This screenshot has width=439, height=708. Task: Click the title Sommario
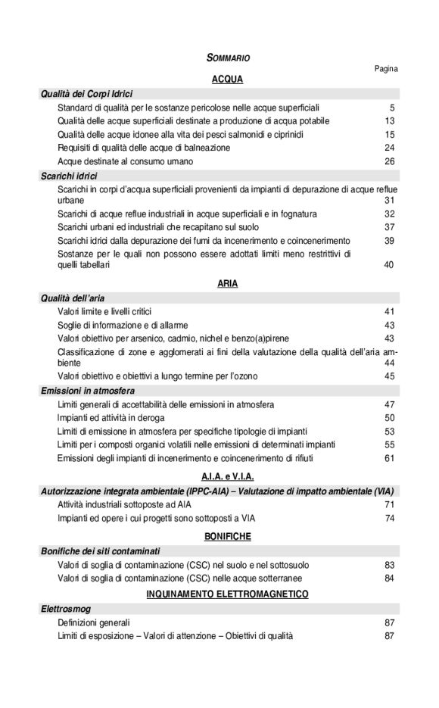pyautogui.click(x=228, y=58)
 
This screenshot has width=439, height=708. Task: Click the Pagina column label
pyautogui.click(x=385, y=68)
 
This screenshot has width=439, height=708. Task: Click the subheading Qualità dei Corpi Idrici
pyautogui.click(x=87, y=94)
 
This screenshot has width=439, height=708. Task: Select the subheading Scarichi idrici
pyautogui.click(x=70, y=175)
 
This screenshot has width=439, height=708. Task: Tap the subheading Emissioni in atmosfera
pyautogui.click(x=87, y=391)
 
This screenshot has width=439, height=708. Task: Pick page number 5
pyautogui.click(x=392, y=108)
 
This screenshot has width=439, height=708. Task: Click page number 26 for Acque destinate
pyautogui.click(x=389, y=161)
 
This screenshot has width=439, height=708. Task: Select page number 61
pyautogui.click(x=389, y=458)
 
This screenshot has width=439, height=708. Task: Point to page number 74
pyautogui.click(x=389, y=518)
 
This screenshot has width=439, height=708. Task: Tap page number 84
pyautogui.click(x=389, y=578)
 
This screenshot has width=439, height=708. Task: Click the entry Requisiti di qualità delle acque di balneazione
pyautogui.click(x=144, y=148)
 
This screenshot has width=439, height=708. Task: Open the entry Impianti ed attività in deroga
pyautogui.click(x=121, y=417)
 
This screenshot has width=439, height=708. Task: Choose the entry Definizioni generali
pyautogui.click(x=94, y=622)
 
